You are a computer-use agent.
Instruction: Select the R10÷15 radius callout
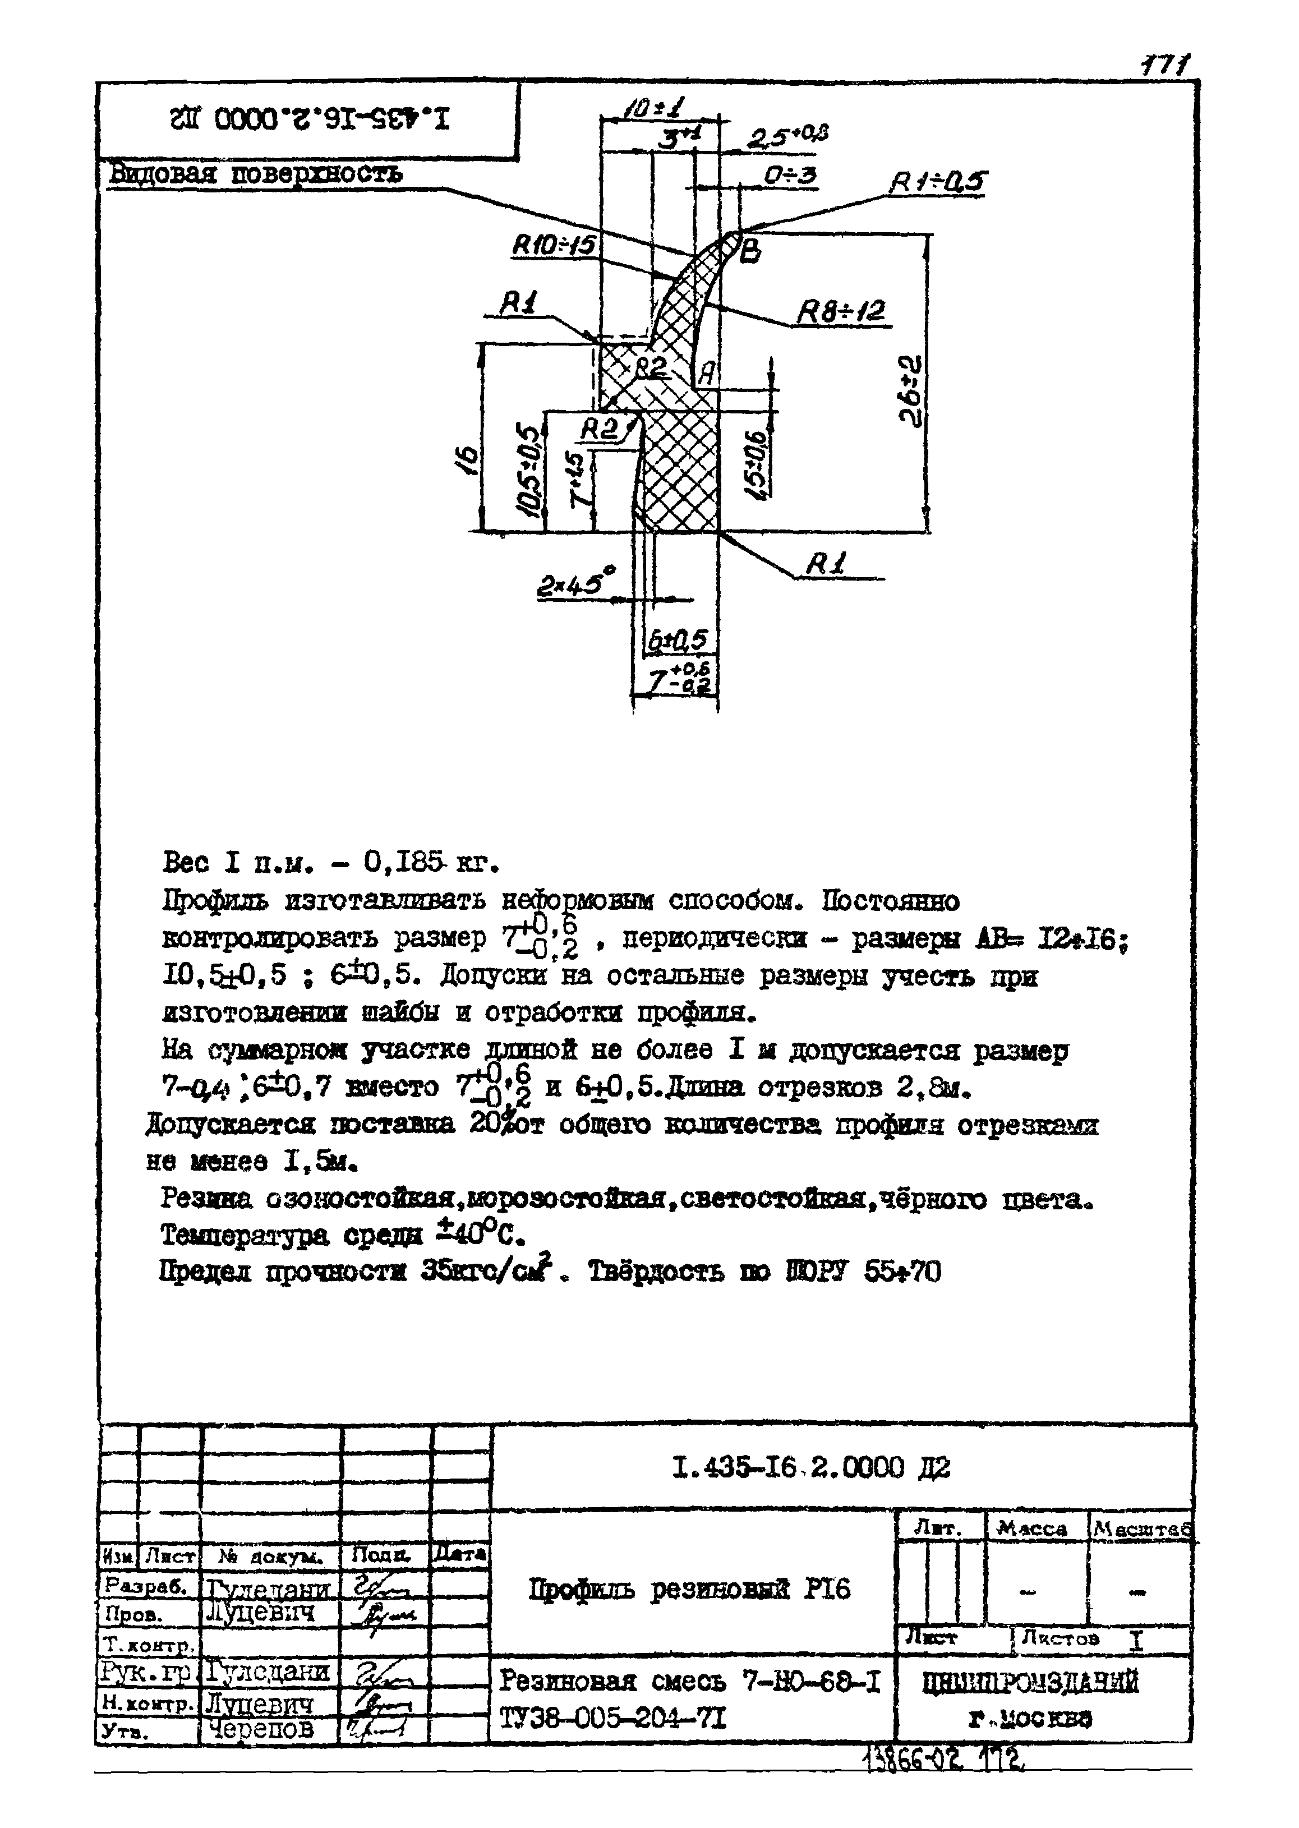554,244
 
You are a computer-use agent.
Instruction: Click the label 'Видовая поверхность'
255,173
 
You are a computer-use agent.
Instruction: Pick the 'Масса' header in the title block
1032,1528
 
